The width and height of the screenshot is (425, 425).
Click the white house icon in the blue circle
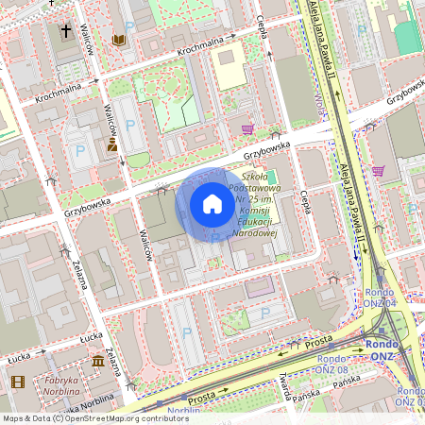[212, 204]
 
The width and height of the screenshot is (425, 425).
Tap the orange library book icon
[119, 40]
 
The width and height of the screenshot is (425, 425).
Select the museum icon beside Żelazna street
[99, 362]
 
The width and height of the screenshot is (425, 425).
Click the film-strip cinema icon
[18, 382]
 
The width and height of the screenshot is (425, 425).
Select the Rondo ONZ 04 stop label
[382, 298]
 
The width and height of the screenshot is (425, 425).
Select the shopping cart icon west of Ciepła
[247, 128]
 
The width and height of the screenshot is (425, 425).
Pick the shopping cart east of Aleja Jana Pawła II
[378, 171]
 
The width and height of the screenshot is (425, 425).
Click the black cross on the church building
[66, 31]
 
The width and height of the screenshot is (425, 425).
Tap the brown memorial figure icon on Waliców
[112, 144]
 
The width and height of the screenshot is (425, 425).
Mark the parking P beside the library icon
[129, 27]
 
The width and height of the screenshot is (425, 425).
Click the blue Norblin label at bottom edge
[183, 411]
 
